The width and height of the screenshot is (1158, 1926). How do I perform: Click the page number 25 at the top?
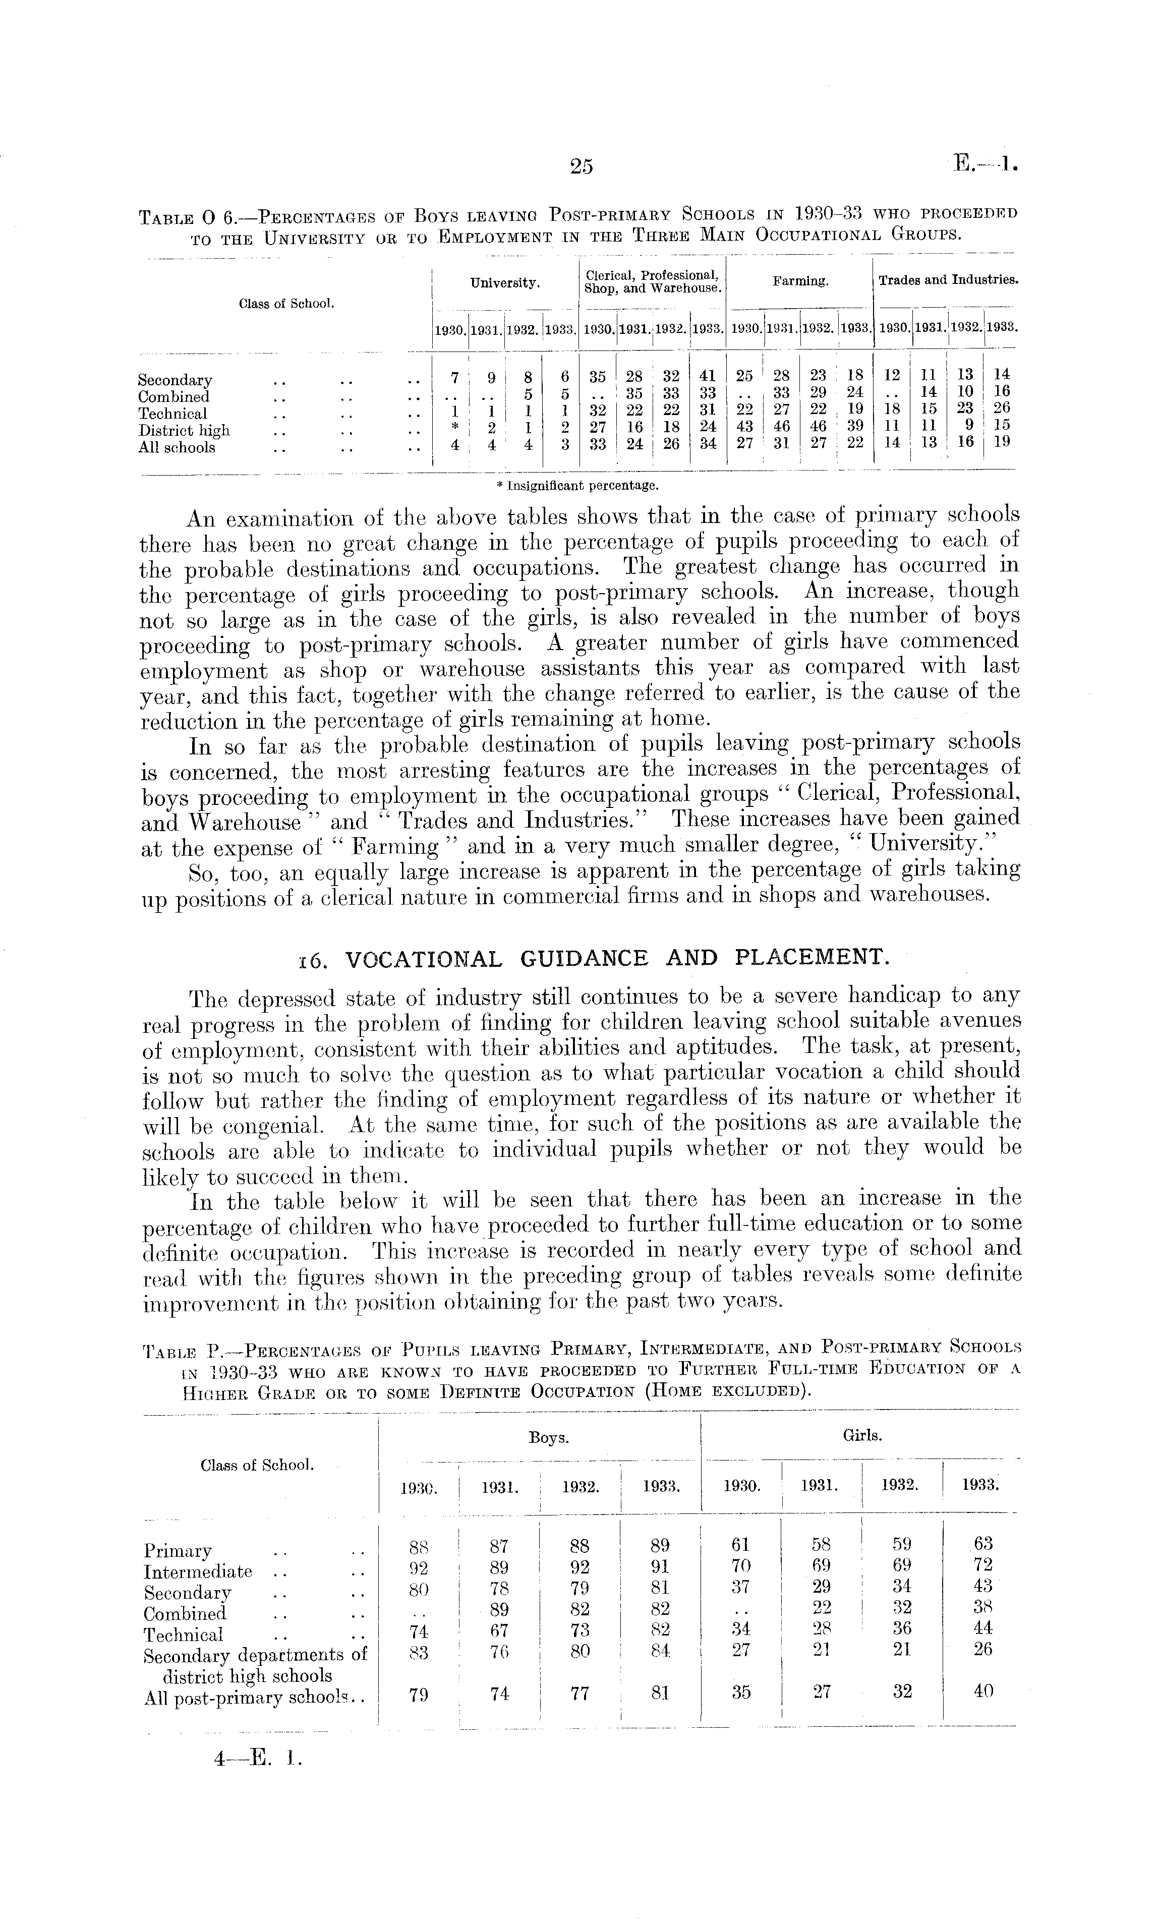click(x=582, y=166)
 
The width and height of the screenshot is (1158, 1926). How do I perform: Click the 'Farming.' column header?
click(x=800, y=281)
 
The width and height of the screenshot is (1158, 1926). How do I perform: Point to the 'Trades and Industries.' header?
click(x=948, y=280)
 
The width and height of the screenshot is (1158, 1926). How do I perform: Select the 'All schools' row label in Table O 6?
click(x=177, y=448)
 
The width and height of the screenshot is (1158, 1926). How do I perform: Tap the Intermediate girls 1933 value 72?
click(x=983, y=1565)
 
